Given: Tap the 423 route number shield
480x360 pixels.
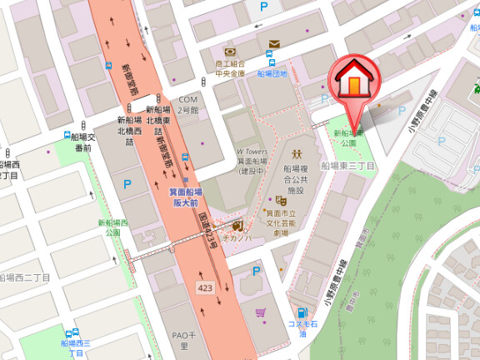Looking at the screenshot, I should point(205,287).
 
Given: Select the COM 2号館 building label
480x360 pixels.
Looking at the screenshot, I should point(188,105).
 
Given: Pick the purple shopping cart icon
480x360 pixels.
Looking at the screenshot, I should point(261,313).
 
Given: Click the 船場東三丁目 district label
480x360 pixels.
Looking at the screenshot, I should point(347,167).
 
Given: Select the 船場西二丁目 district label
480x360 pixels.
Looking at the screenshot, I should point(24,277).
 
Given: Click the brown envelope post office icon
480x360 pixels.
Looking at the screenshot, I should point(273,44).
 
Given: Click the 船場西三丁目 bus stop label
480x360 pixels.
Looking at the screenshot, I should point(76,347).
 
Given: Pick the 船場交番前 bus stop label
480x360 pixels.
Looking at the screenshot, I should point(82,142).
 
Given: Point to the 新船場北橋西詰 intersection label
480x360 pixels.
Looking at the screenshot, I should point(131,125).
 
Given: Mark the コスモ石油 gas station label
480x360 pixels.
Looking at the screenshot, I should point(303,328).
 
